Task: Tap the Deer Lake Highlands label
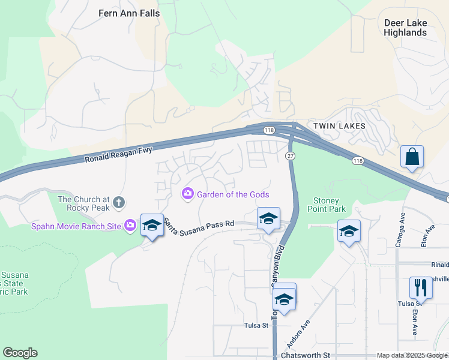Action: click(405, 28)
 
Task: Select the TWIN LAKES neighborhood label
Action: click(339, 126)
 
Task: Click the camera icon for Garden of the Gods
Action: click(187, 193)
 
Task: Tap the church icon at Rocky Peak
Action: click(118, 202)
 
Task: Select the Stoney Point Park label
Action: click(330, 205)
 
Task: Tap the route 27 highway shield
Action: click(289, 156)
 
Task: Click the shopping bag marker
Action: click(412, 157)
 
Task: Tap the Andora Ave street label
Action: click(298, 334)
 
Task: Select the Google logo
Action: click(20, 353)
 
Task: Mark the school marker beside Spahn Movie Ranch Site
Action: click(152, 226)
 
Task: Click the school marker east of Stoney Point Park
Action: click(349, 231)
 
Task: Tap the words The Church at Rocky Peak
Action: click(84, 203)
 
